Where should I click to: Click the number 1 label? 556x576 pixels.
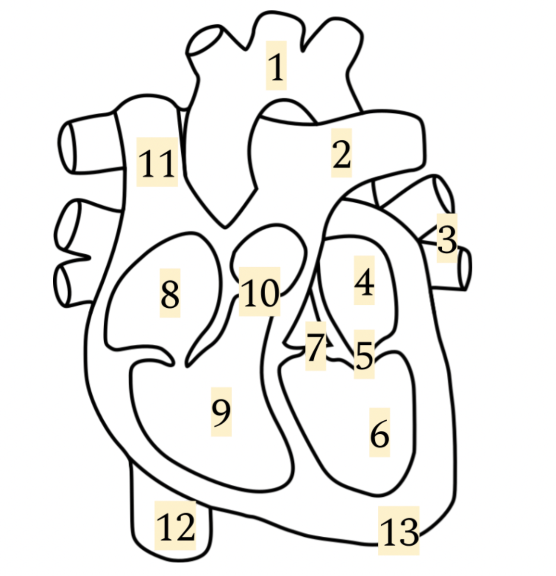coord(277,66)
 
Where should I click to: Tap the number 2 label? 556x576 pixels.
coord(342,153)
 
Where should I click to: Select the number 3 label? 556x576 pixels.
coord(447,238)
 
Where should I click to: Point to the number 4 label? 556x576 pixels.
coord(364,281)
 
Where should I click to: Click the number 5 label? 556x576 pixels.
coord(364,354)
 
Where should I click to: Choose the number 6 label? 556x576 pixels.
coord(380,433)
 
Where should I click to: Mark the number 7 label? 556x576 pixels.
coord(316,346)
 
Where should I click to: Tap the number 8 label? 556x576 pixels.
coord(170,293)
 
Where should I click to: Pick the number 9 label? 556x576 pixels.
coord(221,412)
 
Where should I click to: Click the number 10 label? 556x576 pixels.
coord(260,292)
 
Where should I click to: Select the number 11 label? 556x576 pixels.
coord(157,163)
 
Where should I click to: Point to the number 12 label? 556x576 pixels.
coord(175,526)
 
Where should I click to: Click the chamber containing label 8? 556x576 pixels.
coord(147,294)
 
